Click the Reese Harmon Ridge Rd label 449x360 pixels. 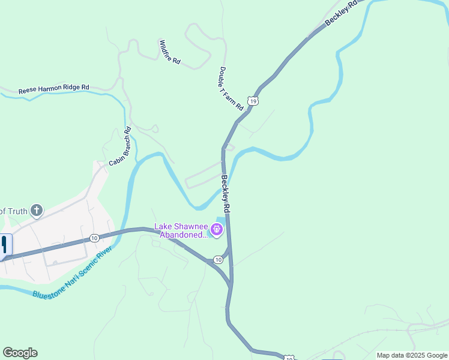click(x=53, y=88)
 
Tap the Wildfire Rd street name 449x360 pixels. click(x=170, y=53)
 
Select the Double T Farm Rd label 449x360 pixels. click(x=231, y=88)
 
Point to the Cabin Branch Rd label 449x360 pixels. click(x=119, y=146)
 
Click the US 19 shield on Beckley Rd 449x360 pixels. click(x=253, y=101)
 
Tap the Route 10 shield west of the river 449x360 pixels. click(x=94, y=238)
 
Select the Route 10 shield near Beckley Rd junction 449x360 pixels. click(x=217, y=260)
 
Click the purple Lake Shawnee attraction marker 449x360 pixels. click(x=216, y=229)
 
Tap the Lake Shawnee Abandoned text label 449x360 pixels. click(x=181, y=230)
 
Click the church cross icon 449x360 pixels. click(x=37, y=210)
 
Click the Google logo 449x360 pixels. click(x=20, y=353)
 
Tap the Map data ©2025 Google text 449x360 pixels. click(x=412, y=355)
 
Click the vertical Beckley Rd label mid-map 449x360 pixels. click(x=225, y=194)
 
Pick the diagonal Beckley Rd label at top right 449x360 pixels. click(x=341, y=13)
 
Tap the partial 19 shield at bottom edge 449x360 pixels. click(x=289, y=358)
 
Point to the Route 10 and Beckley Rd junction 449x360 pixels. click(x=230, y=281)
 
